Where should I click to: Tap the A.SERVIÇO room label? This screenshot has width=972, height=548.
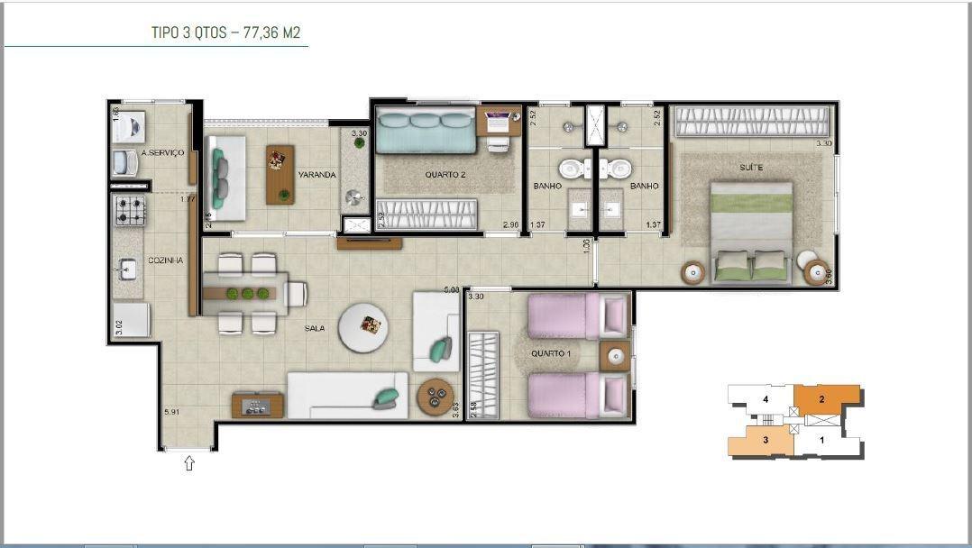coord(163,153)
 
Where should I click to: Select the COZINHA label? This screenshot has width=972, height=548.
coord(167,260)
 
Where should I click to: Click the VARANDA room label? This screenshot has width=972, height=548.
coord(317,175)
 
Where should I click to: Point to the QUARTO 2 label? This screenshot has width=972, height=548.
coord(445,175)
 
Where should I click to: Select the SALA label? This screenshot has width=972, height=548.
coord(315,330)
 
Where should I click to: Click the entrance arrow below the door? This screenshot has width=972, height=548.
coord(189,464)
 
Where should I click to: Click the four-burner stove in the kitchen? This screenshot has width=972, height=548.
coord(130,211)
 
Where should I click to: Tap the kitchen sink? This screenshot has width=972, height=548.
coord(128,269)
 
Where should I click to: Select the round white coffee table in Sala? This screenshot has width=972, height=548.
coord(365,326)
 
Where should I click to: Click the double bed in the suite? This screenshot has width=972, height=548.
coord(753,232)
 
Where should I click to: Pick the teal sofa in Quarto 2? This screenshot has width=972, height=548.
coord(425,132)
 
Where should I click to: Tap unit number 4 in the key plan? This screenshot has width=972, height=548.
coord(765,398)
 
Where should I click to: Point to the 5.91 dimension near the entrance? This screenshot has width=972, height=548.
coord(171,413)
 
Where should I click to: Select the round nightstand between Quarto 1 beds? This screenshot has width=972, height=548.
coord(616,356)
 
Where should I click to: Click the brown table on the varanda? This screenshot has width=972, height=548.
coord(280,174)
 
